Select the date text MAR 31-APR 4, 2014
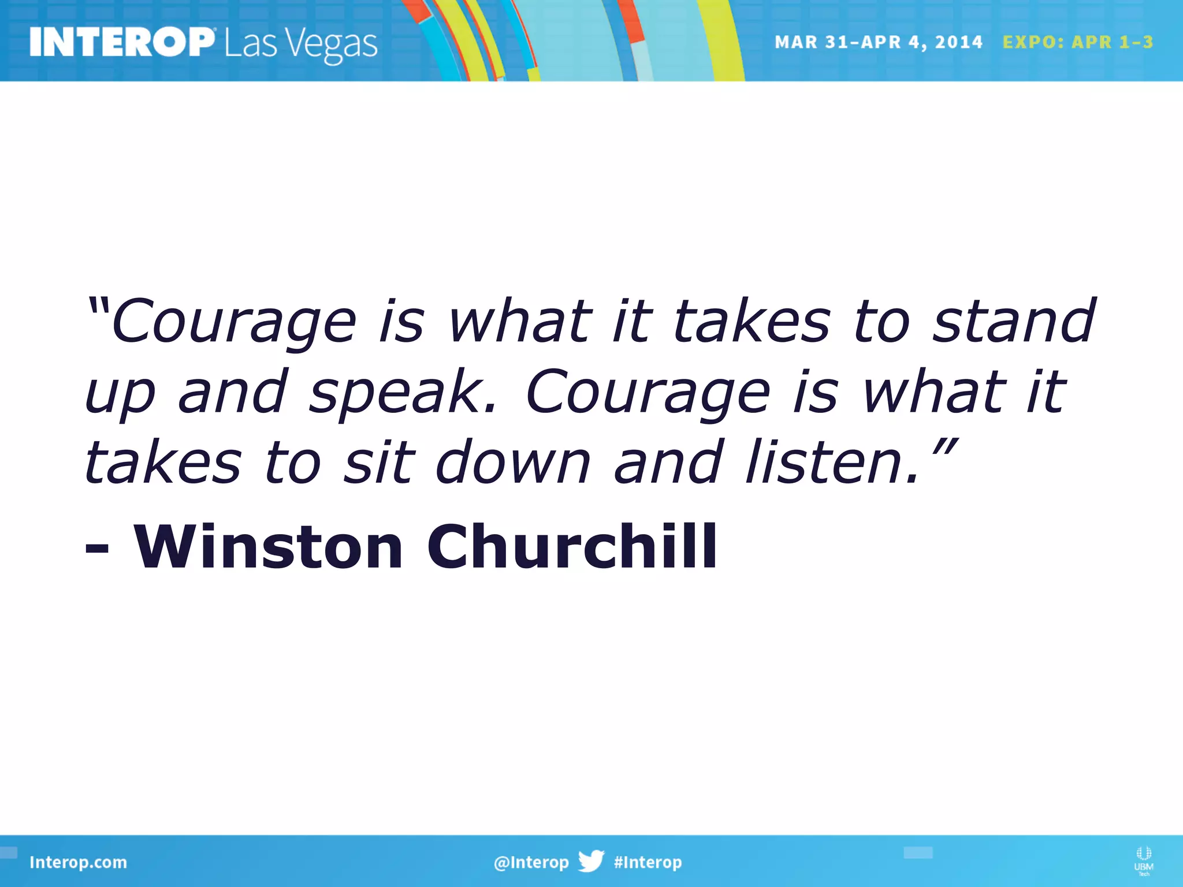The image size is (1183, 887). [x=878, y=42]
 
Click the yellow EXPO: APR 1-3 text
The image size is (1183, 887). [x=1078, y=42]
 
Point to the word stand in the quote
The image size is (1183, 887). [x=1014, y=320]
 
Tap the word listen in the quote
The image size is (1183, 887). [x=832, y=462]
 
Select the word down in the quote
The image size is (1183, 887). [x=513, y=462]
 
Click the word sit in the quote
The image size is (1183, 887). [x=379, y=462]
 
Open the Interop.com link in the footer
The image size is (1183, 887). [x=78, y=862]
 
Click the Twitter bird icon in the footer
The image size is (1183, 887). [x=591, y=861]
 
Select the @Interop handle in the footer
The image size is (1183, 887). [x=531, y=862]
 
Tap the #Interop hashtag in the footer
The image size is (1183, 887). [x=648, y=862]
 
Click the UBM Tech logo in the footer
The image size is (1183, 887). [x=1143, y=860]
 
